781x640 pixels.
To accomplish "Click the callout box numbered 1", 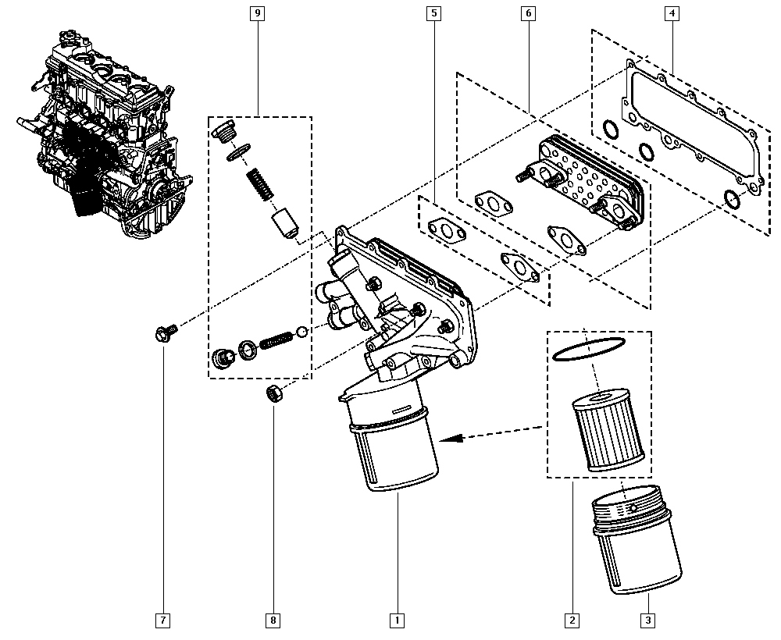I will pyautogui.click(x=397, y=620).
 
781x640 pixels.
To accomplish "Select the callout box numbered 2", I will pyautogui.click(x=572, y=620).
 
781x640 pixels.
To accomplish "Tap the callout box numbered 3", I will pyautogui.click(x=647, y=620).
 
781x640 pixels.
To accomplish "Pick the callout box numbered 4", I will pyautogui.click(x=672, y=13).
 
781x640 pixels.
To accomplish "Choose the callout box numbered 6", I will pyautogui.click(x=529, y=13).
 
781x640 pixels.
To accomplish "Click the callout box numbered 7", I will pyautogui.click(x=162, y=620).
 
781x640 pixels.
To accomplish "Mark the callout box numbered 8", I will pyautogui.click(x=273, y=620).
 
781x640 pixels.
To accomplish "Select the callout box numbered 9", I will pyautogui.click(x=257, y=13).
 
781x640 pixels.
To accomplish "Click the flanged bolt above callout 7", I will pyautogui.click(x=164, y=334).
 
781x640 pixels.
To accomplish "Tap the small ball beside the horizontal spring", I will pyautogui.click(x=302, y=332).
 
